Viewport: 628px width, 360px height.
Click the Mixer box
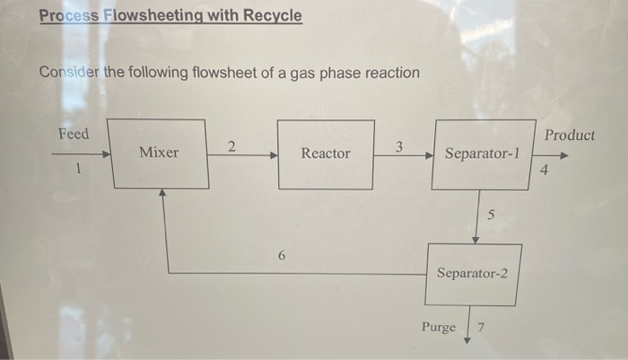(159, 153)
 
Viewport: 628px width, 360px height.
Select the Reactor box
(326, 154)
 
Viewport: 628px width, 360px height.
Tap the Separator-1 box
(483, 154)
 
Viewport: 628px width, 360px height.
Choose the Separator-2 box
(473, 273)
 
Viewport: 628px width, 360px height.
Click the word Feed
(74, 134)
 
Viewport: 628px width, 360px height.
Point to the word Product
(569, 135)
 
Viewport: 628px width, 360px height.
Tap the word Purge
(439, 327)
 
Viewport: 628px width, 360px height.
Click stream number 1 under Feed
(79, 167)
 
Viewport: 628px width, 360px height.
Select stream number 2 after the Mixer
(231, 146)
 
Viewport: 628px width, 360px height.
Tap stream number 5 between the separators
(491, 216)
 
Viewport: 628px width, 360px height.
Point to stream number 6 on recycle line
(281, 256)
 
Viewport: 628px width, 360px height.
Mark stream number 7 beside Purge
(480, 327)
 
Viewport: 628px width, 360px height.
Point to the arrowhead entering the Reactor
(273, 154)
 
